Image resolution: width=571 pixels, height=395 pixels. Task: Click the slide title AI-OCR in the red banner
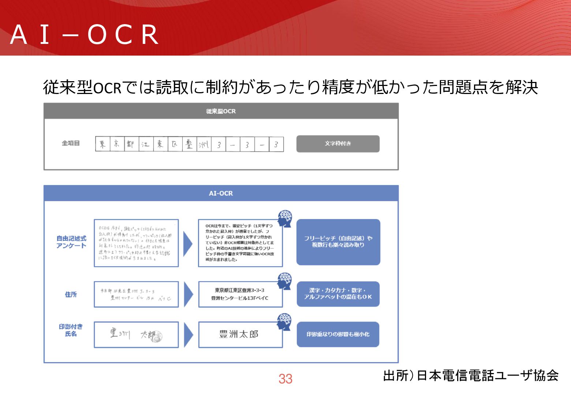[85, 35]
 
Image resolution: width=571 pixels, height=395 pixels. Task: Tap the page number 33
[285, 379]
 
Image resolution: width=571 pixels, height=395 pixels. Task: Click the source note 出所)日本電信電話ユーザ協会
[471, 376]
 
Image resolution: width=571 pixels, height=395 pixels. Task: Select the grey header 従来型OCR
[221, 111]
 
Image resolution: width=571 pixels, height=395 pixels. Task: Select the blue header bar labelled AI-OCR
[221, 193]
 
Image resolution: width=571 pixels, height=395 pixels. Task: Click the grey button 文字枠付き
[338, 144]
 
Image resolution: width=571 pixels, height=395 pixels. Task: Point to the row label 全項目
[71, 143]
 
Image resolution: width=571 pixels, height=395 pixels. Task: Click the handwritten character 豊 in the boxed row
[189, 144]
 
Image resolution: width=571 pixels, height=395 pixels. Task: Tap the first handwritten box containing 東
[103, 144]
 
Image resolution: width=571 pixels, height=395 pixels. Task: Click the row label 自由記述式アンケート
[71, 242]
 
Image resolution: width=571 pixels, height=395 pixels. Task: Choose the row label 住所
[71, 294]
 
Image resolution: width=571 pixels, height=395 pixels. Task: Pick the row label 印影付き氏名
[71, 330]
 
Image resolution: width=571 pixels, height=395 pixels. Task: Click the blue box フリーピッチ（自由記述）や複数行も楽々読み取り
[338, 242]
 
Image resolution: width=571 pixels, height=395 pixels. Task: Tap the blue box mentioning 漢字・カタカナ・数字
[338, 294]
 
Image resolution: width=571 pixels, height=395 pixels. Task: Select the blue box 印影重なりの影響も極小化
[338, 334]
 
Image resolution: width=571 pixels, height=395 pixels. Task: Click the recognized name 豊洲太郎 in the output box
[239, 334]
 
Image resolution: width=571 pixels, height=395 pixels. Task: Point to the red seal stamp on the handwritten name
[157, 336]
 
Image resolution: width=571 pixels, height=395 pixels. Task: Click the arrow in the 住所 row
[188, 294]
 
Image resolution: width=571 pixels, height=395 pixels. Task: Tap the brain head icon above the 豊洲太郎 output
[284, 322]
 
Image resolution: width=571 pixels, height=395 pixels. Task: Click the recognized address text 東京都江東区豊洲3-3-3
[239, 290]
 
